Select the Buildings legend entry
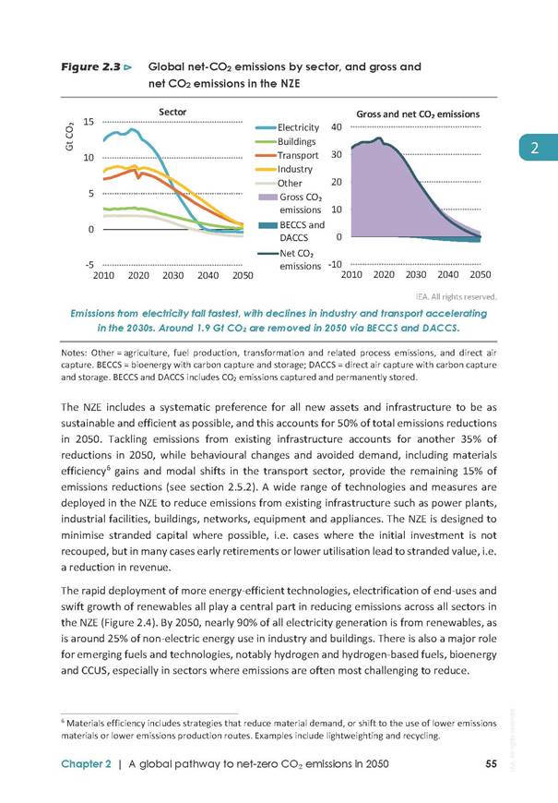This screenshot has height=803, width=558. click(x=286, y=141)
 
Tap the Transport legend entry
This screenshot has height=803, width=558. click(x=287, y=155)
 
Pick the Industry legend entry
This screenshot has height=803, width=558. click(x=284, y=169)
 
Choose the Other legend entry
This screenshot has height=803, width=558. click(x=279, y=183)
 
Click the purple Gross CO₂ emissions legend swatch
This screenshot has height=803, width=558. click(x=267, y=198)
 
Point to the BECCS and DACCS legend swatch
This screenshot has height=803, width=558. click(x=267, y=225)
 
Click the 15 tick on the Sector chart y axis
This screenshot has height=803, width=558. click(x=89, y=122)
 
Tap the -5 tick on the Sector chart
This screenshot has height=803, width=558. click(x=89, y=265)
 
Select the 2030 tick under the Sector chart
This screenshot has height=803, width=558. click(x=173, y=276)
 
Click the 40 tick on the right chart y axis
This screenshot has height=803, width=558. click(x=337, y=127)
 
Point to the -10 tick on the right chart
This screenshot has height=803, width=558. click(x=335, y=265)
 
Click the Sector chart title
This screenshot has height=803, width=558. click(x=172, y=112)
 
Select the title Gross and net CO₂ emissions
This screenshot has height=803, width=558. click(x=418, y=114)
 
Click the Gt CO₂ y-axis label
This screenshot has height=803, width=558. click(x=69, y=138)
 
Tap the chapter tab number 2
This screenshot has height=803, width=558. click(x=534, y=148)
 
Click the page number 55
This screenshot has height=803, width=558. click(x=491, y=763)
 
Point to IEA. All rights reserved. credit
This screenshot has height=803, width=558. click(x=457, y=296)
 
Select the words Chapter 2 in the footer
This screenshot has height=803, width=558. click(x=86, y=764)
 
